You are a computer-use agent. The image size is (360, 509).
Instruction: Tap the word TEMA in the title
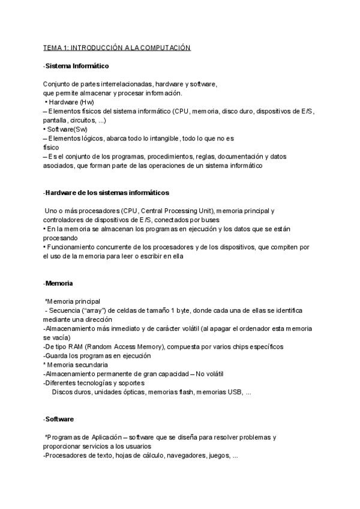[53, 47]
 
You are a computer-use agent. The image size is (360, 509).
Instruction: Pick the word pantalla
[56, 120]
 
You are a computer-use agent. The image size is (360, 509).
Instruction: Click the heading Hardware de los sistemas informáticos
[107, 193]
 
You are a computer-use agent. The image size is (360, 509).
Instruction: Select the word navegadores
[183, 456]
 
